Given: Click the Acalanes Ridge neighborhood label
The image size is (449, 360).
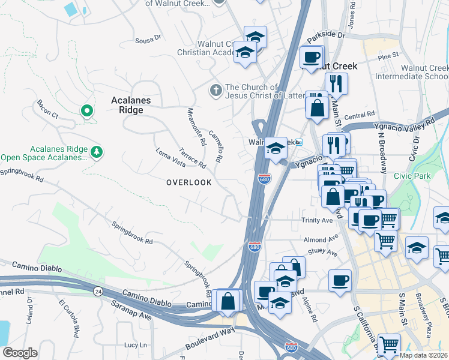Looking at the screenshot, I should coord(131,105).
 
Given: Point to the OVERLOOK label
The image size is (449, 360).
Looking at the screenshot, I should coord(188,182).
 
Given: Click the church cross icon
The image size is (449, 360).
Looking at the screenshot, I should coord(215,91).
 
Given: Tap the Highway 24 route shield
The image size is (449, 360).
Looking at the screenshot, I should coord(97,290).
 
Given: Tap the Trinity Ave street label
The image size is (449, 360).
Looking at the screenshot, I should coord(316,220).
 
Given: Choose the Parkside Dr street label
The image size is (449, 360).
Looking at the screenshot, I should coord(327,36).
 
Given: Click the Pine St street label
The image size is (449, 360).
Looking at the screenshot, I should coord(388,56).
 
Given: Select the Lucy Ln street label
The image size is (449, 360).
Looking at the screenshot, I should coord(135,345).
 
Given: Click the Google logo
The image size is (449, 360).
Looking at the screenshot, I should coord(20,352).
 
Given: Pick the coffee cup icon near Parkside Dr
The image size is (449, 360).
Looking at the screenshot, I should coord(311,58).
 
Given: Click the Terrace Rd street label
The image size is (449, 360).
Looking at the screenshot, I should coord(192,158).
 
